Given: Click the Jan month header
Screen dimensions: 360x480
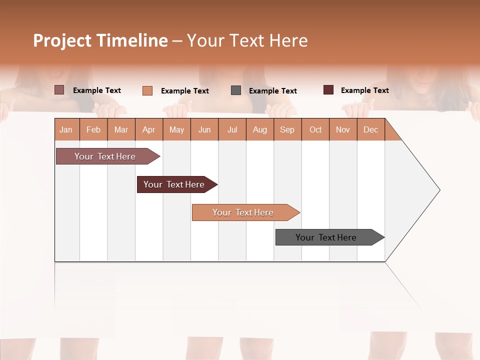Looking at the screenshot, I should pyautogui.click(x=66, y=129).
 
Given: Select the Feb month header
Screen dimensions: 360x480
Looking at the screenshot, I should pyautogui.click(x=93, y=129).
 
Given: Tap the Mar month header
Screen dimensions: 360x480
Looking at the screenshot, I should pyautogui.click(x=121, y=129).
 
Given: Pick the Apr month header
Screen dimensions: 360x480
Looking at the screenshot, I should pyautogui.click(x=149, y=129).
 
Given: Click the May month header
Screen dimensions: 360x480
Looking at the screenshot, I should pyautogui.click(x=176, y=129).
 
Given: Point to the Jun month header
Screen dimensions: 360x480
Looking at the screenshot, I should pyautogui.click(x=204, y=129).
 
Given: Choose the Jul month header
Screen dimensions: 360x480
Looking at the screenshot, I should pyautogui.click(x=232, y=129).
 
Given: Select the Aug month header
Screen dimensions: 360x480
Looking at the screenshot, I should pyautogui.click(x=260, y=129).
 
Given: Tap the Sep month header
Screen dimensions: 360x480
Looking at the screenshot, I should pyautogui.click(x=287, y=129).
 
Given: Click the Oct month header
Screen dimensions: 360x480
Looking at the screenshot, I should pyautogui.click(x=315, y=129).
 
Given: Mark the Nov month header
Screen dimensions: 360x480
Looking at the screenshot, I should pyautogui.click(x=343, y=129).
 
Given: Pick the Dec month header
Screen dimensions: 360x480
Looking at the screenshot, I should pyautogui.click(x=371, y=129).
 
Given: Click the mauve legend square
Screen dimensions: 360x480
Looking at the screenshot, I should pyautogui.click(x=59, y=90).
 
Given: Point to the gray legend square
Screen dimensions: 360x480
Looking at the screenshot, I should pyautogui.click(x=236, y=90).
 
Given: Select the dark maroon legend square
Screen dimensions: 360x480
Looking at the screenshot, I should pyautogui.click(x=328, y=90).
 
